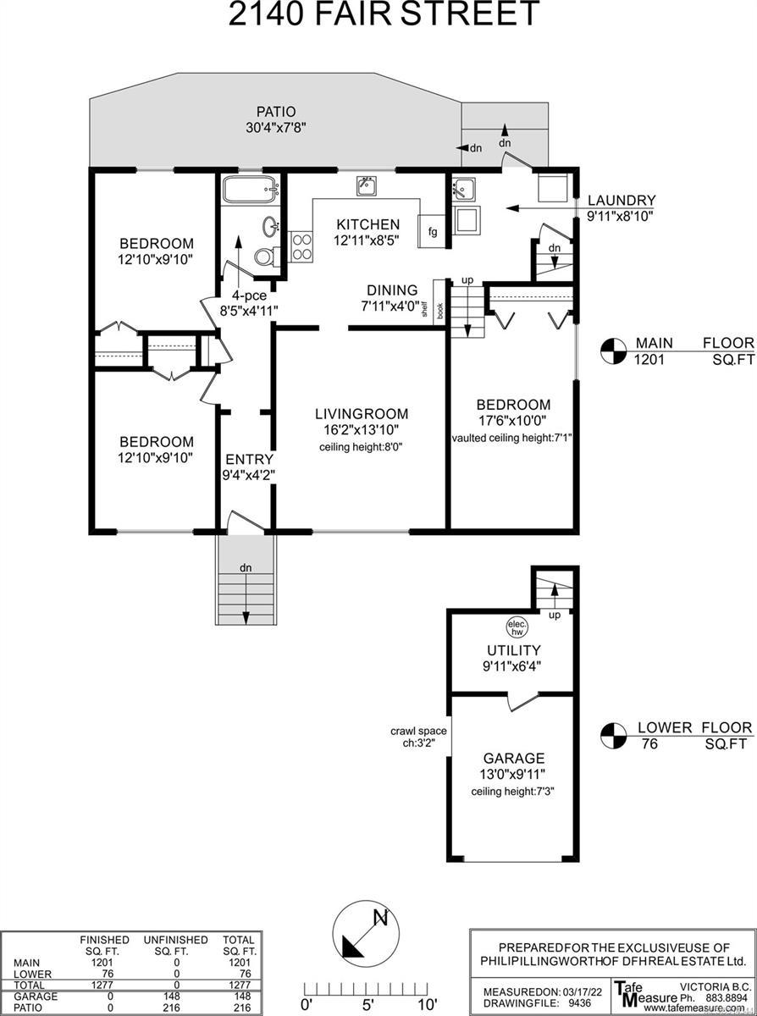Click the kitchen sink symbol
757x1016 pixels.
[367, 186]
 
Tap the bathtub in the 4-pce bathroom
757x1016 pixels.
[251, 189]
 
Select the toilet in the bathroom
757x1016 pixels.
[267, 257]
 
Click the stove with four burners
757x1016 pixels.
[301, 246]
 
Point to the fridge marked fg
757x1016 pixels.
[432, 231]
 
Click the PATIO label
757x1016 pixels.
[276, 111]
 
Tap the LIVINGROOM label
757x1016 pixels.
[362, 414]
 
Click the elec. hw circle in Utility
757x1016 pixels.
[517, 627]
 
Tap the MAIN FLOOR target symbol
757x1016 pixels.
[613, 351]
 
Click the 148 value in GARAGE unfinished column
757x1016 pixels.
[174, 995]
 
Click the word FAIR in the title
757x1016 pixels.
[353, 14]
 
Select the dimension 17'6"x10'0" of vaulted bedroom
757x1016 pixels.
[513, 421]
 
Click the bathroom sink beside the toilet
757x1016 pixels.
[271, 227]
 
